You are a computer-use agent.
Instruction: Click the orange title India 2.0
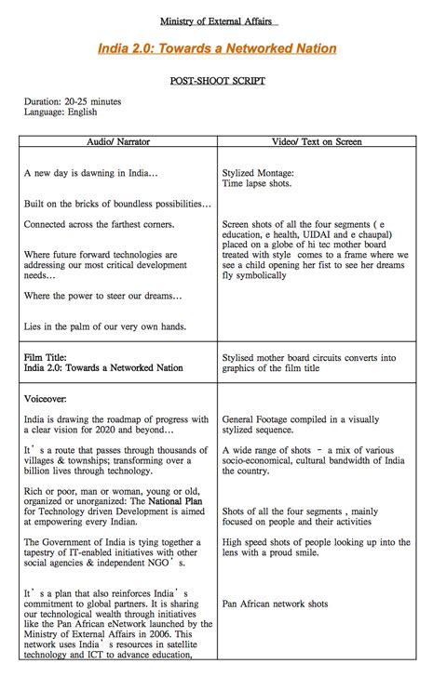tap(217, 48)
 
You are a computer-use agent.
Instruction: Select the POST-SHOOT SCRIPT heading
tap(217, 81)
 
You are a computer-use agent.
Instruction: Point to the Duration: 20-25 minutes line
tap(73, 101)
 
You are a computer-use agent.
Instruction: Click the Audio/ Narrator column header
tap(118, 142)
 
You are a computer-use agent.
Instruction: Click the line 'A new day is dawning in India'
tap(91, 173)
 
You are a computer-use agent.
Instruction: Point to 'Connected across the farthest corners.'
tap(100, 224)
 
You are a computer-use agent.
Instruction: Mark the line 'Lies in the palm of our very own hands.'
tap(105, 326)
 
